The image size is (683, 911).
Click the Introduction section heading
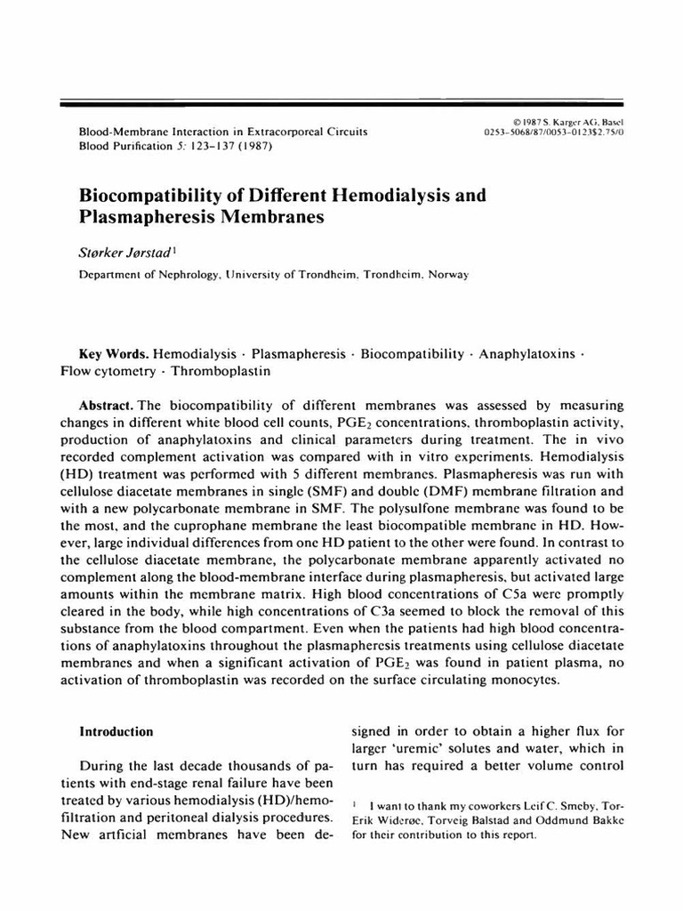(x=117, y=731)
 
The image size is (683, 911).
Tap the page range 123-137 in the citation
(x=209, y=146)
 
